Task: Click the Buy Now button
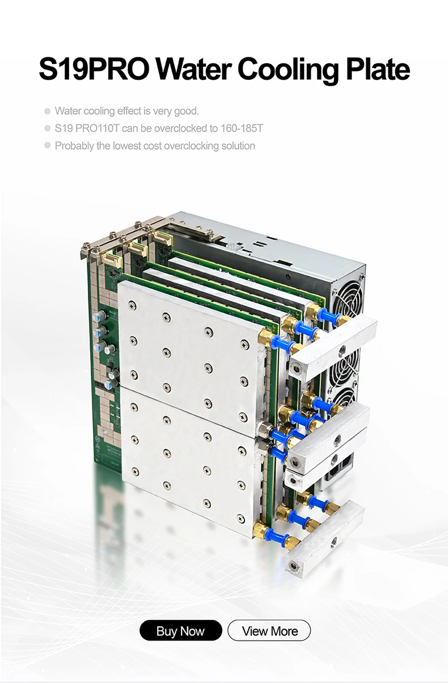pyautogui.click(x=181, y=631)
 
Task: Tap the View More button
pyautogui.click(x=269, y=631)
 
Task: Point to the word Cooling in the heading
pyautogui.click(x=288, y=71)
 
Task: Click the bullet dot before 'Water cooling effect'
pyautogui.click(x=47, y=111)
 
